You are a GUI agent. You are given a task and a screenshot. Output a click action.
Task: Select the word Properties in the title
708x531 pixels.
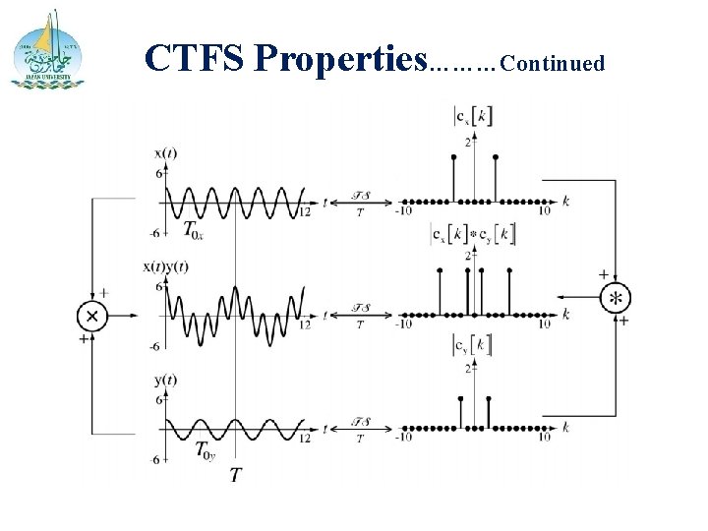tap(338, 61)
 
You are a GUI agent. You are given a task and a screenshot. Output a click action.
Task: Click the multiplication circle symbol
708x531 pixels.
tap(92, 315)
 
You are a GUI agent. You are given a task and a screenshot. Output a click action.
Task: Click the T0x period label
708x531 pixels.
tap(195, 230)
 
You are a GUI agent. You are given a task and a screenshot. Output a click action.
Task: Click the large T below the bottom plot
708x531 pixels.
tap(236, 475)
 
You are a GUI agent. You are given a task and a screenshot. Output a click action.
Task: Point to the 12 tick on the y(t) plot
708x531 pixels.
tap(306, 439)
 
